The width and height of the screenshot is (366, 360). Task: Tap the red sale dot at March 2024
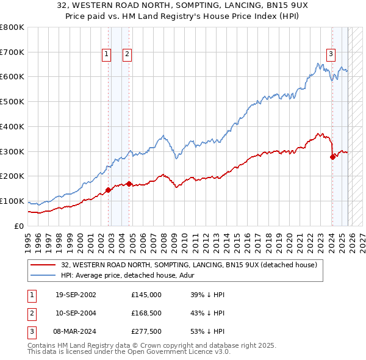[332, 157]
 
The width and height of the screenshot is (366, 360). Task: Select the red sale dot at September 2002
[108, 190]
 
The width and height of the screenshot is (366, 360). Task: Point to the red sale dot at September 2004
[129, 184]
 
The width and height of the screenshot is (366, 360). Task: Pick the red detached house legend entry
[189, 265]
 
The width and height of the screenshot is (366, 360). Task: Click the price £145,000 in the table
[146, 295]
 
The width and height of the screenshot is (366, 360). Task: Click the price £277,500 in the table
[146, 331]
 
